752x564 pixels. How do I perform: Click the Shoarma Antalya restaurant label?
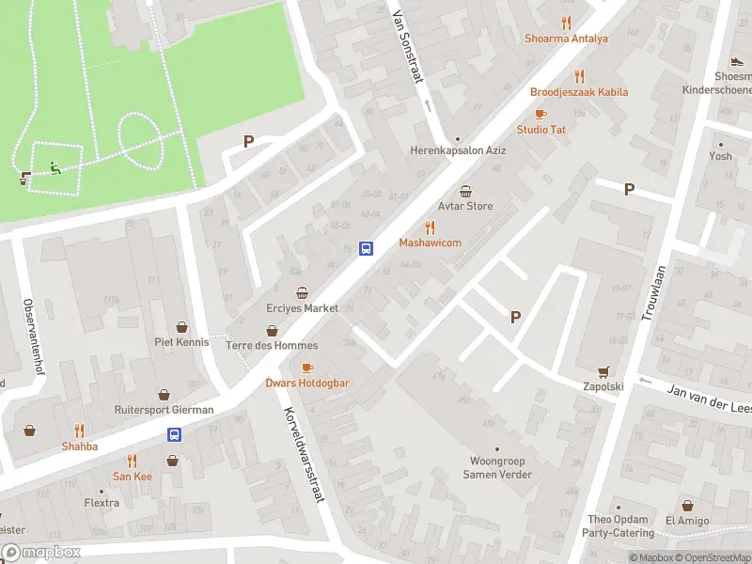(566, 39)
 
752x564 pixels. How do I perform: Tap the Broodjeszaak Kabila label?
(579, 92)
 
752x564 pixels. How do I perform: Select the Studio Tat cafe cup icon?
(540, 114)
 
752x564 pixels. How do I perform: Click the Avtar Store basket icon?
(465, 191)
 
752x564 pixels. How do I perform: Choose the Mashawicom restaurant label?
(430, 243)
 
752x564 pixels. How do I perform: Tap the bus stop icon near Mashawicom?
(366, 248)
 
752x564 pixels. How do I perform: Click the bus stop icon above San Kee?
(174, 434)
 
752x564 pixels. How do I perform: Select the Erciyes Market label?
(302, 308)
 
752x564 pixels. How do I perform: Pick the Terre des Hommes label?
(272, 345)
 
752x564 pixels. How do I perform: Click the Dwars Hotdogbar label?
(307, 383)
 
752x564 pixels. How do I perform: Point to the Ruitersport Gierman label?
(164, 410)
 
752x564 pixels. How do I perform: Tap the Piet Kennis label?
(182, 342)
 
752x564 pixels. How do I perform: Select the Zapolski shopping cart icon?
(603, 370)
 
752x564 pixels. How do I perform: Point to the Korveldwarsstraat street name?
(304, 454)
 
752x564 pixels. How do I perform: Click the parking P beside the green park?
(248, 142)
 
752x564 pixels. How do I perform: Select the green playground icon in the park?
(55, 169)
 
